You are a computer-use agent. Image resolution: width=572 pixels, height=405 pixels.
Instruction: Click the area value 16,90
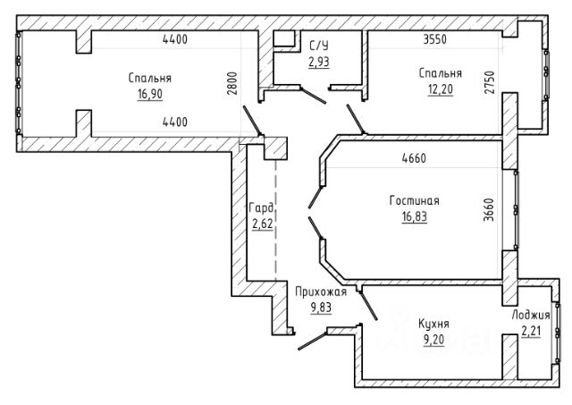150,94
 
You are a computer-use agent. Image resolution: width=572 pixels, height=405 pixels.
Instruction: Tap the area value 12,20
441,89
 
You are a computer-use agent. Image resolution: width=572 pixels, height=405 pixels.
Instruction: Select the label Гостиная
415,200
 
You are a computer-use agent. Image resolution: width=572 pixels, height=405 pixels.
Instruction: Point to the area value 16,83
415,216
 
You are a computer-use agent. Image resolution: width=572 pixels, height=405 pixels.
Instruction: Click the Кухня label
433,324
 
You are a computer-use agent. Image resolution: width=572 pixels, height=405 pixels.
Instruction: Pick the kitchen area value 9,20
433,340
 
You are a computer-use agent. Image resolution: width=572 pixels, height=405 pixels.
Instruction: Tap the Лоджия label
531,315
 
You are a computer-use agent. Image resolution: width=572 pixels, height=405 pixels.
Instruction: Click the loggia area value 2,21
531,332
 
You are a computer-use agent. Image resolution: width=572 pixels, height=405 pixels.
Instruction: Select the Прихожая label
321,291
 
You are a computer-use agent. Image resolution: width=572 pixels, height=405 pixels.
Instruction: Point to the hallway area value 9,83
321,308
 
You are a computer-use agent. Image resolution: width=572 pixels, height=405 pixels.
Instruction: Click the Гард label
261,208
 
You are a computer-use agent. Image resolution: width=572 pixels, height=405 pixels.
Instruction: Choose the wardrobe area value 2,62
262,224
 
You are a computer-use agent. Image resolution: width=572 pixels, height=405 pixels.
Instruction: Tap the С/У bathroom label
319,46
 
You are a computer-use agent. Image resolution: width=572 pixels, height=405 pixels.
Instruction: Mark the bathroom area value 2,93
319,62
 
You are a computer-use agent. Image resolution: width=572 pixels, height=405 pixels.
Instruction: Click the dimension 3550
435,39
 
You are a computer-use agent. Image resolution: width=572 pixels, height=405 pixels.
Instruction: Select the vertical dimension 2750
490,82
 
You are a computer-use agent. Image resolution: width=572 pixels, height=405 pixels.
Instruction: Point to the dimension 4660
414,158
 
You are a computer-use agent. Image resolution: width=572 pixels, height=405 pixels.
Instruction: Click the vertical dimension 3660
489,210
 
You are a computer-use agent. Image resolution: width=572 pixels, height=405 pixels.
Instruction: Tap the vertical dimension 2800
232,83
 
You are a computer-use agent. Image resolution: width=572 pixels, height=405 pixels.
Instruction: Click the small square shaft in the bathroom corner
284,38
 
